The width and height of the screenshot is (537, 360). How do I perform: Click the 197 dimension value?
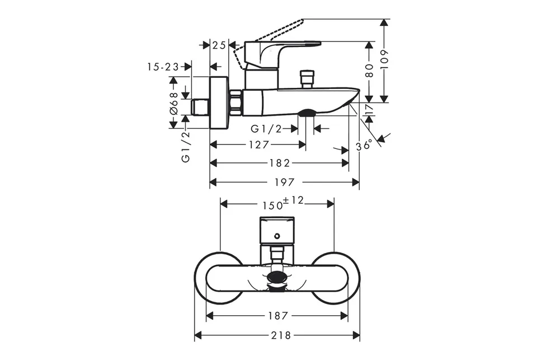click(284, 182)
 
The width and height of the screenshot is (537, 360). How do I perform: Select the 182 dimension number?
click(280, 163)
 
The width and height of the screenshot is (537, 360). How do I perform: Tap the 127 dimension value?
click(259, 144)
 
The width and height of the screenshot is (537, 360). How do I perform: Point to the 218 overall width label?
click(281, 335)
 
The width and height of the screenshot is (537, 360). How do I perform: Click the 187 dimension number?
click(278, 315)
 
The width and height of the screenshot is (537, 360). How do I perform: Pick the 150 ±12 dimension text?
click(283, 203)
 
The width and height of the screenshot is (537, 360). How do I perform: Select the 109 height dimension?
click(385, 60)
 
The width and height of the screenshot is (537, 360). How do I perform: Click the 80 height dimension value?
click(369, 71)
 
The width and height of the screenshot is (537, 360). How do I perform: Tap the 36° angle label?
click(364, 146)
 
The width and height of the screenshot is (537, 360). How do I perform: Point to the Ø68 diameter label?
click(173, 103)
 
